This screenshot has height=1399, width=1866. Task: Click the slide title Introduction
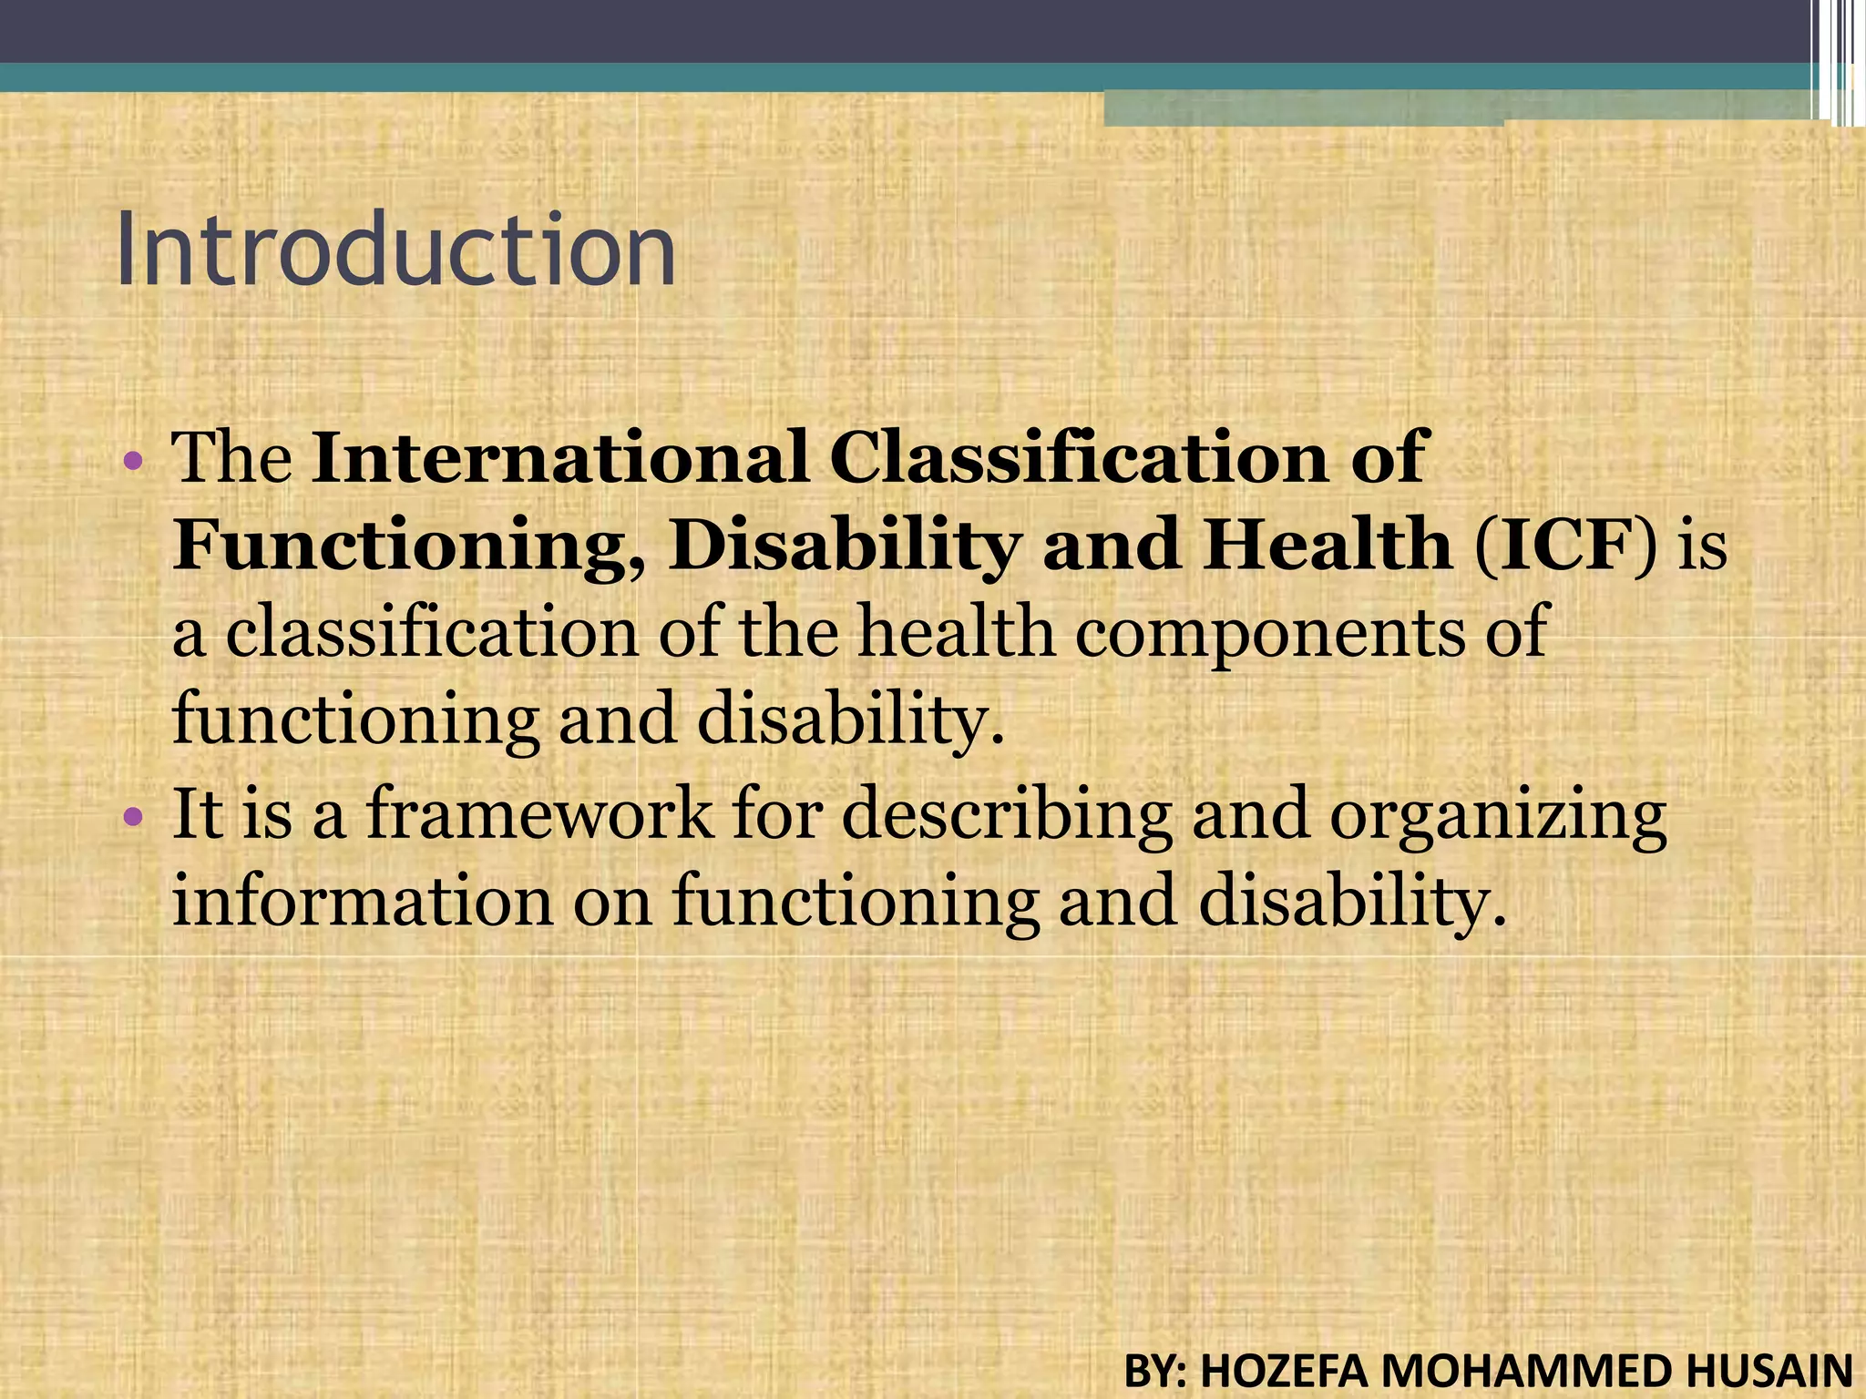point(395,249)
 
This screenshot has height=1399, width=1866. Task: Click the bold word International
point(559,457)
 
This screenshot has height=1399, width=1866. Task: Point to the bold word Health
point(1326,546)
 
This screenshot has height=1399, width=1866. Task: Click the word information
point(363,900)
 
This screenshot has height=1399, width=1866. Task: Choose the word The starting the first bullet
point(232,457)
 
